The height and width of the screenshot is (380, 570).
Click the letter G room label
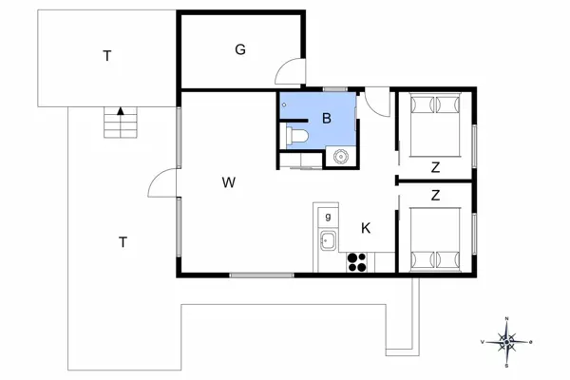240,49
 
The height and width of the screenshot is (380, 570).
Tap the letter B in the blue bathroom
326,119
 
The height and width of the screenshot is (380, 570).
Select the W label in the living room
229,181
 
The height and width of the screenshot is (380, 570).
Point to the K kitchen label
365,228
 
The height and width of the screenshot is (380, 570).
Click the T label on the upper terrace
107,56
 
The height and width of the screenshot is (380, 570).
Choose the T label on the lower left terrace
123,241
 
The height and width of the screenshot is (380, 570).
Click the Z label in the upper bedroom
435,168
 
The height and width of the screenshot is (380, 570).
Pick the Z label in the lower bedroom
435,197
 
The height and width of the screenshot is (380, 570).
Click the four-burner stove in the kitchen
358,261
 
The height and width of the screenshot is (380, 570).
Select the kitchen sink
328,240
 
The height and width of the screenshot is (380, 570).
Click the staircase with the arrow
121,122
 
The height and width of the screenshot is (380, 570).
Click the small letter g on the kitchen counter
328,217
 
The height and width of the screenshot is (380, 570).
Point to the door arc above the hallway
377,101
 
